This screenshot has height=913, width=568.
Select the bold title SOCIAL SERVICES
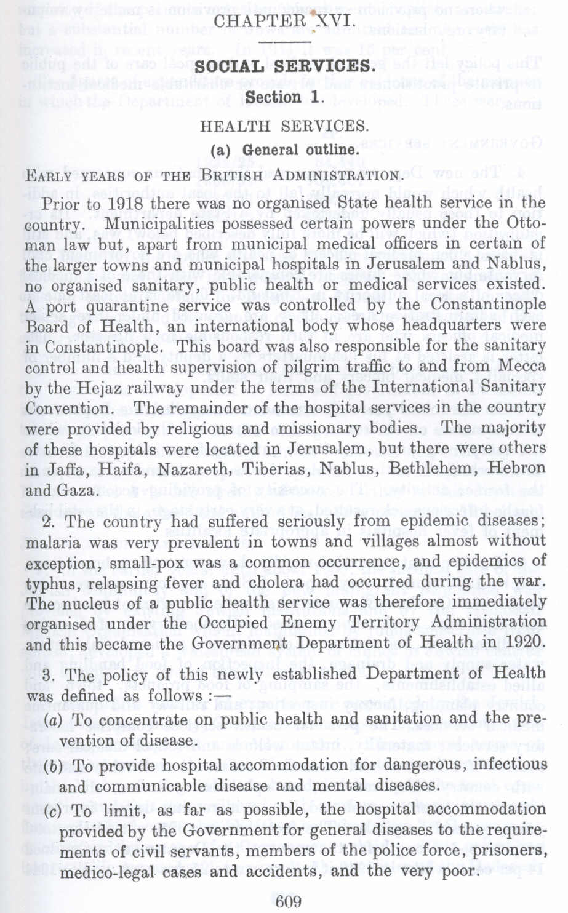click(x=284, y=66)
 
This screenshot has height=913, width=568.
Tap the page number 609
click(x=288, y=901)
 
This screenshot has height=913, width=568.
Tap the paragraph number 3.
click(x=52, y=675)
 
